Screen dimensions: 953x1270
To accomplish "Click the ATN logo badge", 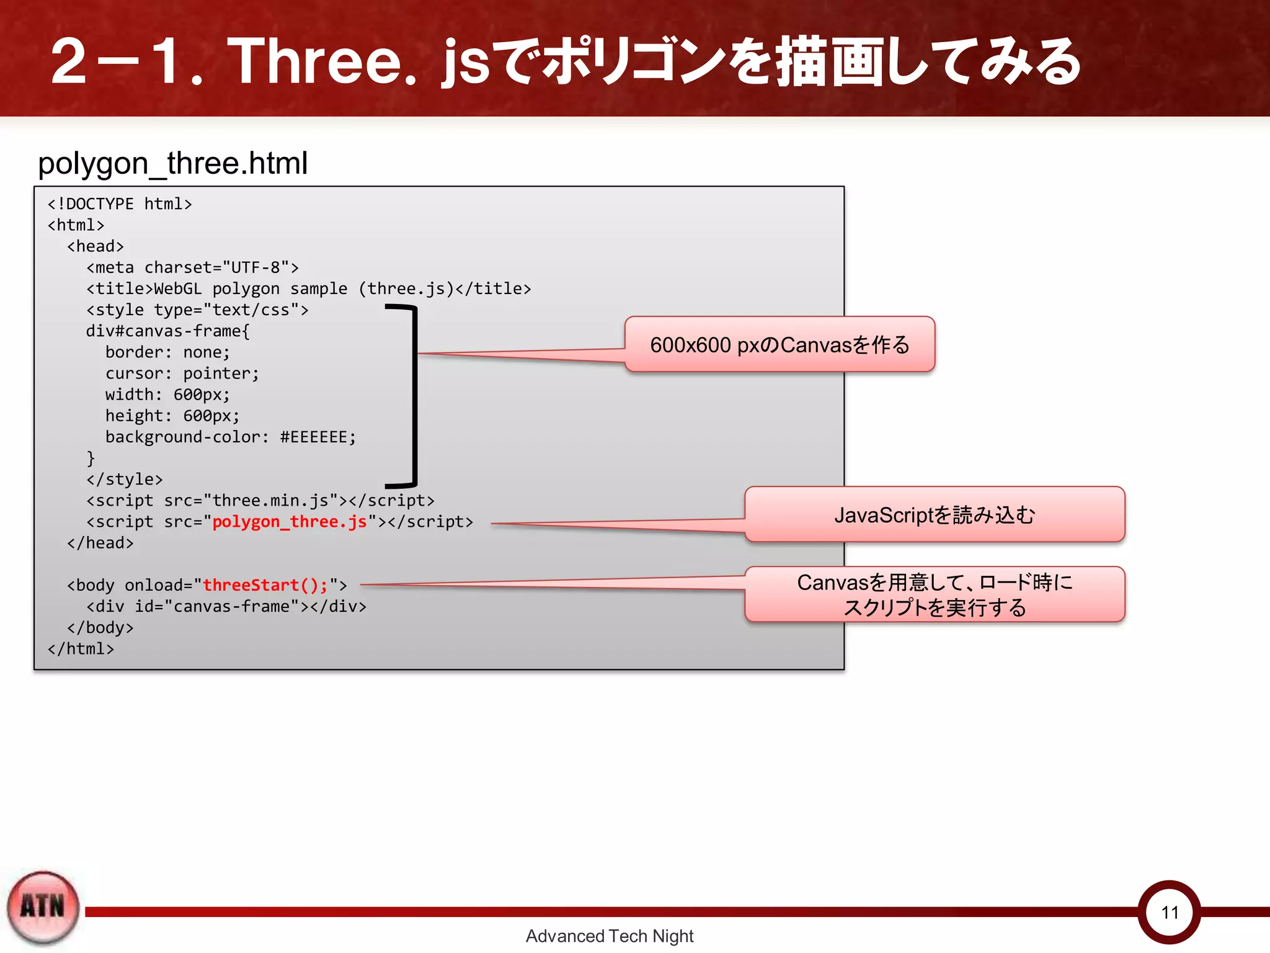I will [42, 907].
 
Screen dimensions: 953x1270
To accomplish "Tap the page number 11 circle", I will [1170, 912].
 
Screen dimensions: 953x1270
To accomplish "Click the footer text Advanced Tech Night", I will [609, 936].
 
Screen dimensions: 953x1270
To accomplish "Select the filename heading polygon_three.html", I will [172, 164].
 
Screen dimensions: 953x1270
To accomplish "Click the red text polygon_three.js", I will [290, 522].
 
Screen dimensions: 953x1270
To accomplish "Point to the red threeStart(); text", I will [265, 585].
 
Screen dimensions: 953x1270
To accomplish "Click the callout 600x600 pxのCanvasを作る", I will [779, 345].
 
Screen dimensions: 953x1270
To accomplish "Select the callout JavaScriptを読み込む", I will [935, 515].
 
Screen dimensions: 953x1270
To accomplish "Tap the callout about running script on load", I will [935, 594].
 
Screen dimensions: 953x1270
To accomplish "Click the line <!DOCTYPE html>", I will [120, 204].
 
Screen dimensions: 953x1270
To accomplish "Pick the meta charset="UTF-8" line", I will [192, 267].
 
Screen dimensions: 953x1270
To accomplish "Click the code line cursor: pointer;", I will [182, 374].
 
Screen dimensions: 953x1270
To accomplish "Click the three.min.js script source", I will [270, 501].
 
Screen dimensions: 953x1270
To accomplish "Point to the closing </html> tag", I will [81, 649].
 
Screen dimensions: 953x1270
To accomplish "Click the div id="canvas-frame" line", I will [226, 606].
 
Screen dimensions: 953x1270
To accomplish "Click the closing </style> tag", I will [124, 480].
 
